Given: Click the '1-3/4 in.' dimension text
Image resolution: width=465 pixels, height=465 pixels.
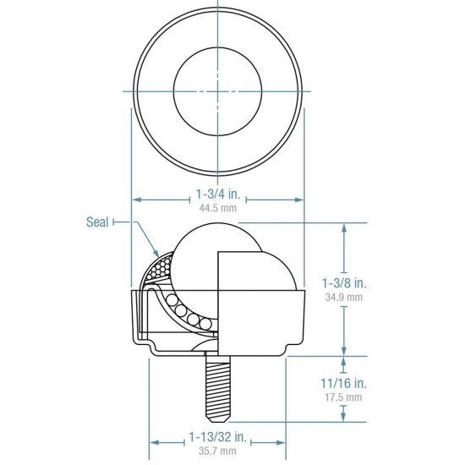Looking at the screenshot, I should click(x=217, y=194).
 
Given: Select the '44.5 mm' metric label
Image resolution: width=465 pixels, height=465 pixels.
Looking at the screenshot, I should click(x=217, y=207).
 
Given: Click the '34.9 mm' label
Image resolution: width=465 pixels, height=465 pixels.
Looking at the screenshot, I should click(x=344, y=297).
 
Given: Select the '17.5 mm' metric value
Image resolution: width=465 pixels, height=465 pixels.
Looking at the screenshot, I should click(x=344, y=397).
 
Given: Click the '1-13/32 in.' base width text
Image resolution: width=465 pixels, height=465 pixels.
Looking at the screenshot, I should click(x=217, y=438).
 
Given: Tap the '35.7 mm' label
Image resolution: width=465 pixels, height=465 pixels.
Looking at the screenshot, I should click(x=217, y=452).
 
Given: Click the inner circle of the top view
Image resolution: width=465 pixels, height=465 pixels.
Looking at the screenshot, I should click(x=216, y=90).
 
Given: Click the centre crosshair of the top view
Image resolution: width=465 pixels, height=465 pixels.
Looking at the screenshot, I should click(x=216, y=90).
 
